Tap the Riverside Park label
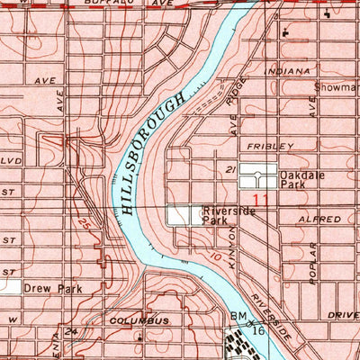coord(229,215)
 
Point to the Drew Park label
coord(52,289)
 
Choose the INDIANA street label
coord(287,70)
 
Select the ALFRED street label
coord(323,219)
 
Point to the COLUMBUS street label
coord(139,320)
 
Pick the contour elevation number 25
coord(84,221)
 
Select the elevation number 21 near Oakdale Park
coord(230,168)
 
